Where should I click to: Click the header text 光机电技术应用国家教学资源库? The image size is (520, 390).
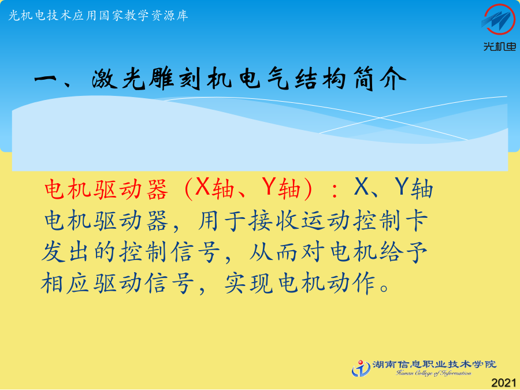tap(98, 16)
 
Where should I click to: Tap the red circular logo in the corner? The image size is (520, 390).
tap(499, 19)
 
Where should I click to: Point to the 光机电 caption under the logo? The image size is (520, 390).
tap(500, 47)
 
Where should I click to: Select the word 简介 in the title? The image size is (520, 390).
tap(380, 79)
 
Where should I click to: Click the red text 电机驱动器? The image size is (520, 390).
tap(106, 190)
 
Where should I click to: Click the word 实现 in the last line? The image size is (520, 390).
tap(248, 283)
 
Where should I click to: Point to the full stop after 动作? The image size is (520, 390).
tap(384, 288)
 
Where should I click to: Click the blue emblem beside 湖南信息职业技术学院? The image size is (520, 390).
tap(361, 368)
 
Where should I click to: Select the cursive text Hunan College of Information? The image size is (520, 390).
tap(434, 373)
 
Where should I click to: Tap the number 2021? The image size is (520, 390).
tap(504, 382)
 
